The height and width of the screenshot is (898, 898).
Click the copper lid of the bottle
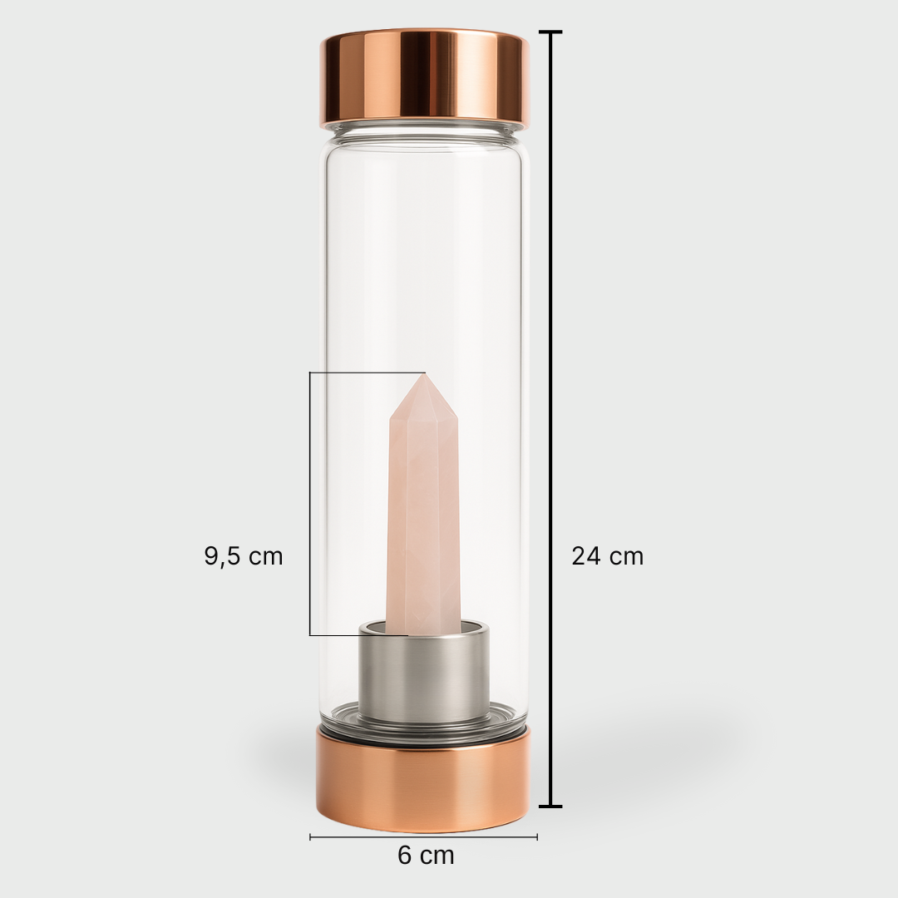(x=424, y=79)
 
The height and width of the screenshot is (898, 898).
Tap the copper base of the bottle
(x=424, y=780)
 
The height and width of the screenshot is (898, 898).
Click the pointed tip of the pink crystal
(x=424, y=375)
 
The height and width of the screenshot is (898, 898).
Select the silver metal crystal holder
(x=424, y=672)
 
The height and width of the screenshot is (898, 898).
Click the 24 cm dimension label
(x=607, y=556)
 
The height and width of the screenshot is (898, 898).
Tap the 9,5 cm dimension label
(x=244, y=556)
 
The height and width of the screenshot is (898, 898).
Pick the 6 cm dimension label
(x=426, y=855)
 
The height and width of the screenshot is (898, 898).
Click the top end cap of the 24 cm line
(x=550, y=32)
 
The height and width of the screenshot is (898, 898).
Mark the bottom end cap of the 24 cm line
(x=550, y=806)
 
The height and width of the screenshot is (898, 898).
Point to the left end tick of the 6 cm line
(x=310, y=836)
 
